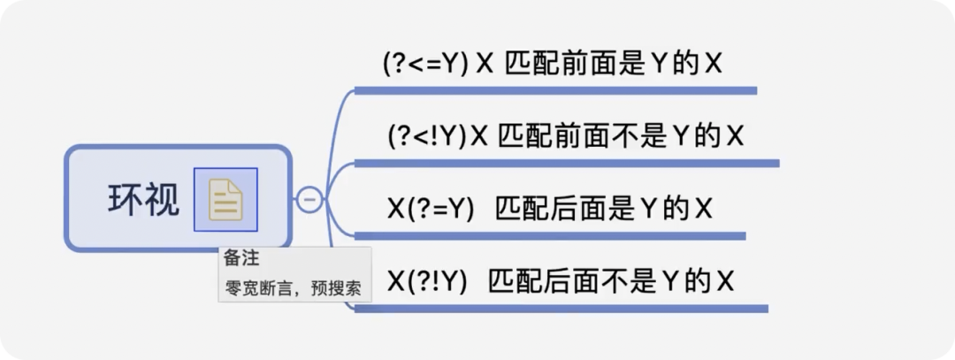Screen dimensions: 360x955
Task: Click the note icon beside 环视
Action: (x=225, y=200)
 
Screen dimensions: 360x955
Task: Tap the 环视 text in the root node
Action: (x=143, y=200)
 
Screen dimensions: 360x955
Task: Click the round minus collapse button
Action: (x=309, y=200)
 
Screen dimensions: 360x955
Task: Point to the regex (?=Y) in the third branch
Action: (x=440, y=209)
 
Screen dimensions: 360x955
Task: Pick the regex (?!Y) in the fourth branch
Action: (x=436, y=281)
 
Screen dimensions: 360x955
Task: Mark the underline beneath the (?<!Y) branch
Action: (x=566, y=163)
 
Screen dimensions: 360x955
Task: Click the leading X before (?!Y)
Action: (x=396, y=281)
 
